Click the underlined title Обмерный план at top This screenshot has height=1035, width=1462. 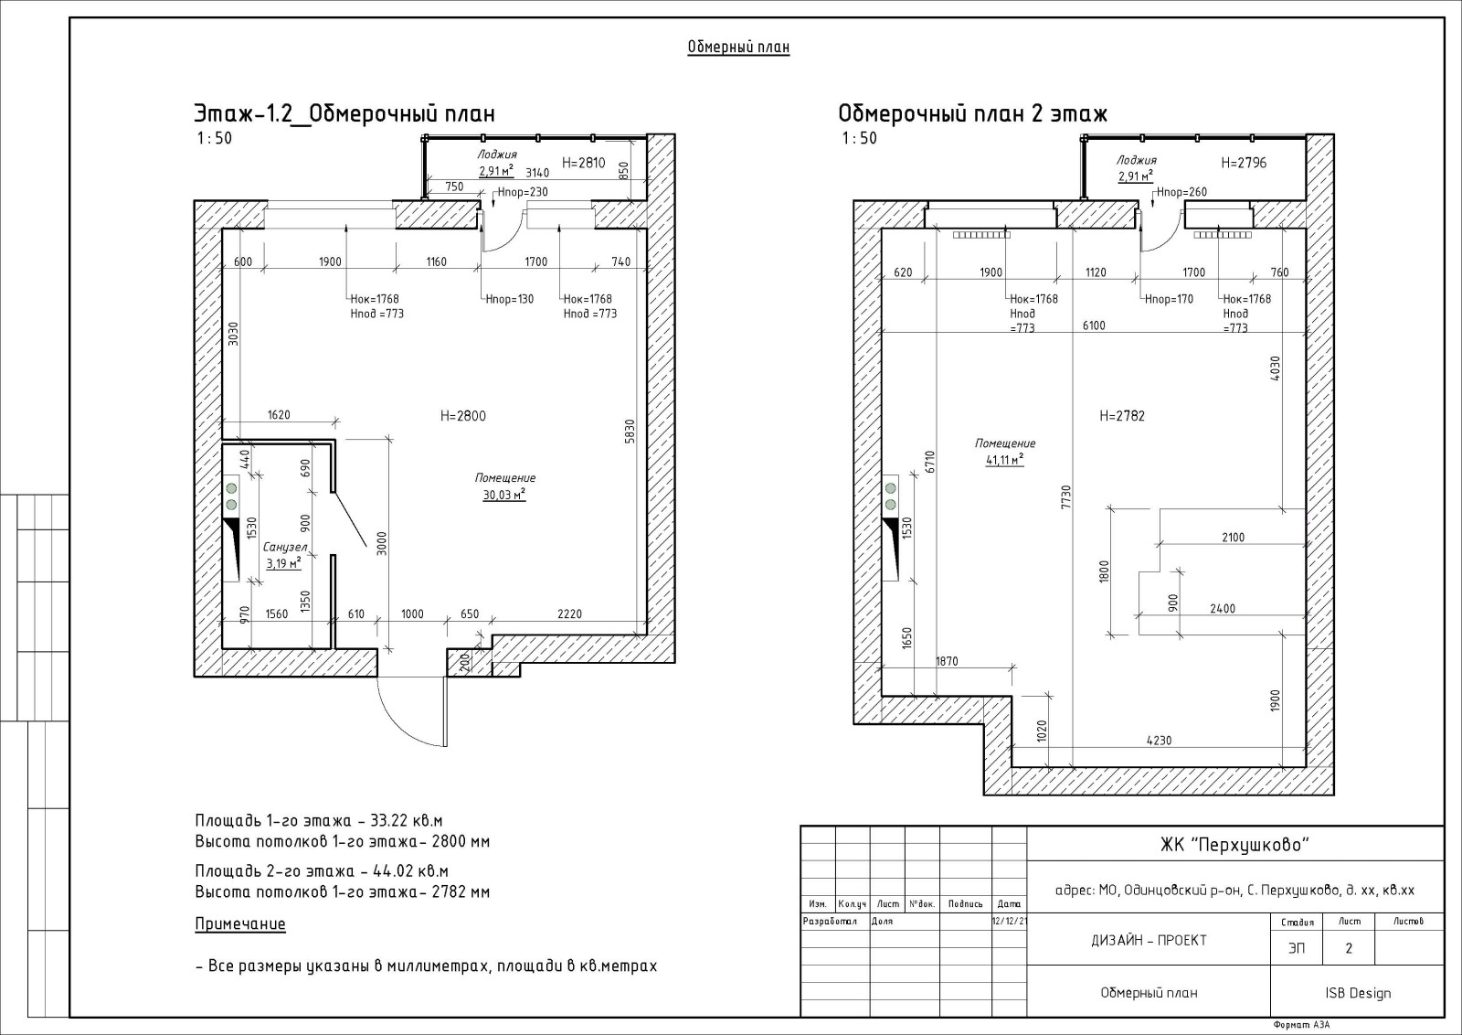pos(738,47)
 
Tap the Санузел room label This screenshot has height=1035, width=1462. pos(284,547)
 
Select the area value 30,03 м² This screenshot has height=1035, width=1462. pos(503,495)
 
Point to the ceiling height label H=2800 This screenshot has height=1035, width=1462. pos(462,416)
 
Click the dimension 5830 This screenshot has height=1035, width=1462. pos(630,432)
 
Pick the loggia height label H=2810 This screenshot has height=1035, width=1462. pos(584,163)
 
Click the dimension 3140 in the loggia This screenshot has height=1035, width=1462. pos(537,173)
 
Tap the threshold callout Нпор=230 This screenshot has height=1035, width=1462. pos(523,192)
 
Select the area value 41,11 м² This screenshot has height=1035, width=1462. pos(1004,461)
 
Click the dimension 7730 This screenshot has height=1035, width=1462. pos(1066,497)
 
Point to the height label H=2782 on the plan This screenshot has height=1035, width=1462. pos(1122,416)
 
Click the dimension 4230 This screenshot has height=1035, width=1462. pos(1159,741)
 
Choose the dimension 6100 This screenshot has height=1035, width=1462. pos(1094,325)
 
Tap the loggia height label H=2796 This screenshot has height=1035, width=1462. pos(1244,163)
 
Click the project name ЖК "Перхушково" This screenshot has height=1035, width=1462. pos(1234,845)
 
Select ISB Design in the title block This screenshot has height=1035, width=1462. pos(1358,993)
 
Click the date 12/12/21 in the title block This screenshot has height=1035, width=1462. pos(1009,922)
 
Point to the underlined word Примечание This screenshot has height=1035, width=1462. pos(240,924)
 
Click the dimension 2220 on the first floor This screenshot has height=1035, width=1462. pos(569,614)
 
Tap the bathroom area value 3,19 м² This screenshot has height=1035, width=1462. pos(283,563)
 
